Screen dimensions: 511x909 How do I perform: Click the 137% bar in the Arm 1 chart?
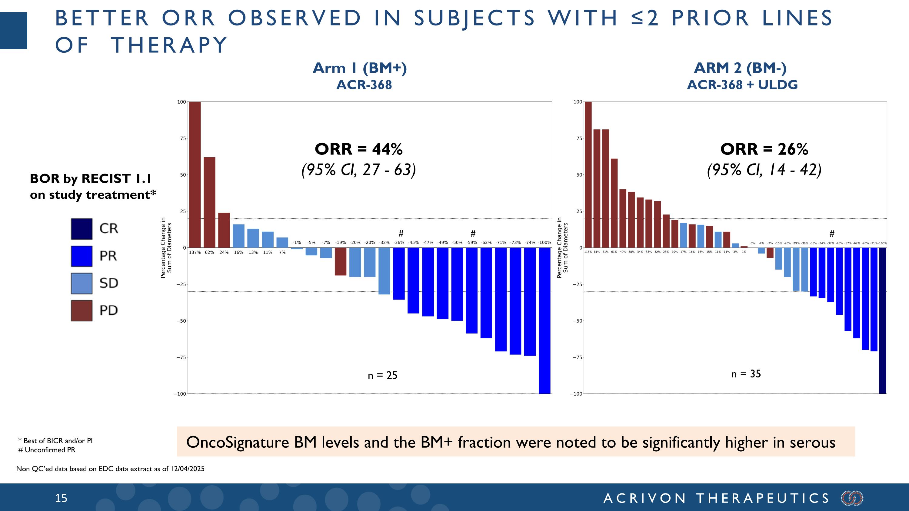pos(195,174)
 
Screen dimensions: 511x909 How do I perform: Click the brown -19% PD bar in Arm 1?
pos(341,261)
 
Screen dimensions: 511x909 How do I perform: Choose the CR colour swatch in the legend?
pos(82,228)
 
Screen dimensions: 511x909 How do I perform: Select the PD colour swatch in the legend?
pos(82,311)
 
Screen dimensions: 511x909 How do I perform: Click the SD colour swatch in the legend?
pos(82,283)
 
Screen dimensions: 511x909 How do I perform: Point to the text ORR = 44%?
pos(358,149)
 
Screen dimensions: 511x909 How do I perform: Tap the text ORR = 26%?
pos(764,149)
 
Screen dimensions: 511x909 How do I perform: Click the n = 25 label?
pos(382,375)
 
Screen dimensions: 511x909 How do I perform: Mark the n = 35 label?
pos(746,374)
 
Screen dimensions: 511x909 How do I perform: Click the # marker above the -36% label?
pos(401,234)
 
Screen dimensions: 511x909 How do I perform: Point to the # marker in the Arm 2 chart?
pos(832,234)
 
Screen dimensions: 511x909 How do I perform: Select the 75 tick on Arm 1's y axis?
pos(183,138)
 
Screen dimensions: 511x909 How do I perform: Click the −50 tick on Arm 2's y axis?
pos(577,321)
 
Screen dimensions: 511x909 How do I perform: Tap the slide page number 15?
pos(61,498)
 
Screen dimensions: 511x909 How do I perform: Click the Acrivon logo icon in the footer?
pos(852,498)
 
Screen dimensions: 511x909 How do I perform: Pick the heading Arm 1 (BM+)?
pos(360,68)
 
